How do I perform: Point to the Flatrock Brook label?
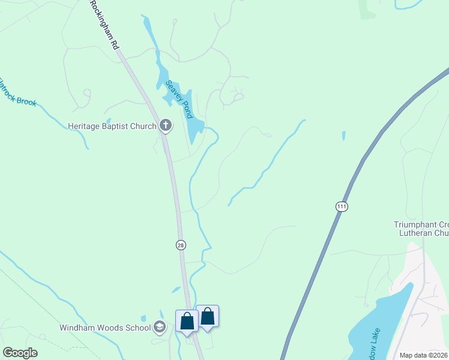[x=17, y=92]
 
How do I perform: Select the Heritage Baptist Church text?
[x=112, y=126]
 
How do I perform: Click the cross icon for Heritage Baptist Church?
[x=166, y=126]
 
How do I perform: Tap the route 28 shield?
[x=181, y=245]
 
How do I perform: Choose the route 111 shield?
[x=342, y=206]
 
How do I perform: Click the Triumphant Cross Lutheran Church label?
[x=420, y=229]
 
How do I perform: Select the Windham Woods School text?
[x=105, y=328]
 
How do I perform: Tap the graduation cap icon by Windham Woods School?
[x=160, y=327]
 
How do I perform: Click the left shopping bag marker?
[x=187, y=321]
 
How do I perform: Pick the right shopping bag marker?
[x=207, y=316]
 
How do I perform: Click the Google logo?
[x=20, y=353]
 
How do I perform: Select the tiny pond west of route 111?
[x=343, y=136]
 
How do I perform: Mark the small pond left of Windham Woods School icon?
[x=143, y=318]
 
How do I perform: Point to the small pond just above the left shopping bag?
[x=176, y=290]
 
